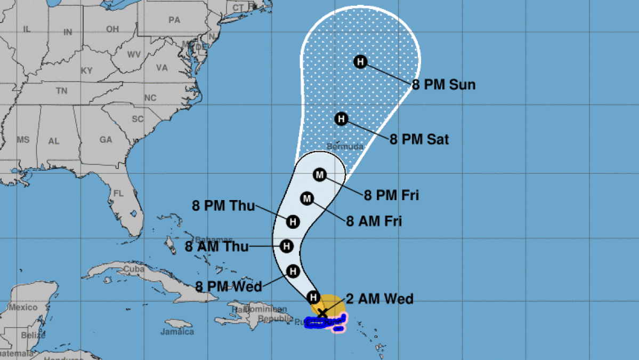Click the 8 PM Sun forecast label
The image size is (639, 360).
tap(443, 85)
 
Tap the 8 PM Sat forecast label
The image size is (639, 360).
tap(419, 140)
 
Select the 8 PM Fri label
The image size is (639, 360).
tap(391, 195)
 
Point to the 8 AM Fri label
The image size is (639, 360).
tap(374, 221)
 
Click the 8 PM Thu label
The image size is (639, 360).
tap(224, 205)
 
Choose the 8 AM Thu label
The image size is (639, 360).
tap(216, 246)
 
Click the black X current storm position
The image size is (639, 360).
tap(322, 313)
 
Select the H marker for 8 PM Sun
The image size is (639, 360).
tap(360, 62)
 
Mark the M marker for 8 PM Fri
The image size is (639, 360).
tap(319, 174)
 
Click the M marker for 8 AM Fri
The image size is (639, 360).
tap(306, 199)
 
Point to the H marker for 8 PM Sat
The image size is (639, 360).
tap(341, 119)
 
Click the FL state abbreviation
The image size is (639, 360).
tap(118, 194)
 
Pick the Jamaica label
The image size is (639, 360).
tap(177, 332)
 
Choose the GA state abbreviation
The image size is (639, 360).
tap(106, 140)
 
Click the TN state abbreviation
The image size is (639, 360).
tap(61, 91)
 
